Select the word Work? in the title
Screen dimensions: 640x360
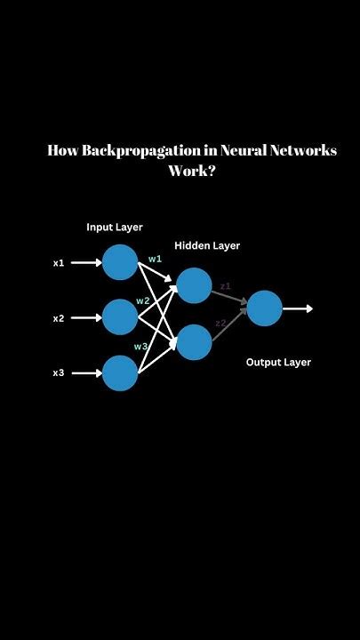pyautogui.click(x=193, y=170)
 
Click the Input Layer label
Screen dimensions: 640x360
pyautogui.click(x=115, y=228)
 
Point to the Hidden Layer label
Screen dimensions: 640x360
pyautogui.click(x=207, y=245)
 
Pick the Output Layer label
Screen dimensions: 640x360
pyautogui.click(x=278, y=363)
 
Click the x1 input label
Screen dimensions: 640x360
pyautogui.click(x=59, y=263)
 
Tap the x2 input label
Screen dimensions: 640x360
pyautogui.click(x=59, y=318)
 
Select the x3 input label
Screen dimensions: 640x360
pyautogui.click(x=59, y=373)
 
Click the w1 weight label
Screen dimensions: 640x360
pyautogui.click(x=155, y=259)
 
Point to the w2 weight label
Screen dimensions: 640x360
pyautogui.click(x=142, y=301)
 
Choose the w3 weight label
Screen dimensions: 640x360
pyautogui.click(x=140, y=346)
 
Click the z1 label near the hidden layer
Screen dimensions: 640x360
pyautogui.click(x=225, y=286)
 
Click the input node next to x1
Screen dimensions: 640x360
pyautogui.click(x=120, y=262)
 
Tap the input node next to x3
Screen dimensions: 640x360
pyautogui.click(x=120, y=373)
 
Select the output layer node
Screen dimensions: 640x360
pyautogui.click(x=264, y=308)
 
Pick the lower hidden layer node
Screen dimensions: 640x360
pyautogui.click(x=194, y=342)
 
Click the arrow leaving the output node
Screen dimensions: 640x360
pyautogui.click(x=299, y=308)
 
